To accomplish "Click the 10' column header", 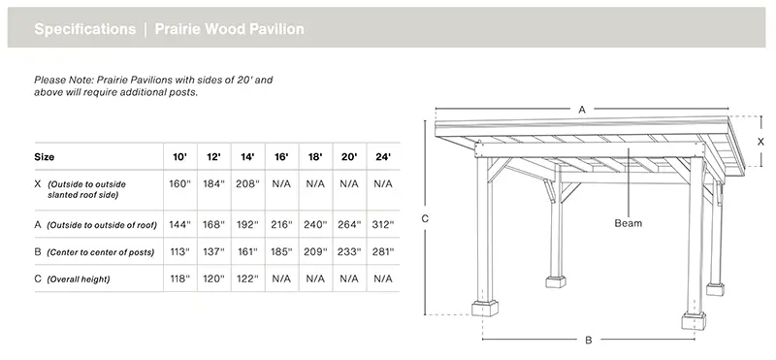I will click(180, 156).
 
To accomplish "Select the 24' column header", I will click(383, 156).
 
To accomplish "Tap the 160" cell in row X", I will click(180, 183).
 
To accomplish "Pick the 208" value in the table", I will click(247, 183).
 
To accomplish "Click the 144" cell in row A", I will click(180, 224).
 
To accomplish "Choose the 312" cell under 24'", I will click(383, 224).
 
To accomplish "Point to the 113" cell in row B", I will click(180, 251).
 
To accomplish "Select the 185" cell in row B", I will click(281, 251).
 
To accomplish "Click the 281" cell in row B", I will click(383, 251).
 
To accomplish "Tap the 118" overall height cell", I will click(180, 278).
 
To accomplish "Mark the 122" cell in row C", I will click(247, 278).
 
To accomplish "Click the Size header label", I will click(45, 156).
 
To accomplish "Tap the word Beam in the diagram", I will click(629, 222).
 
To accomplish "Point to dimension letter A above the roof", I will click(582, 110).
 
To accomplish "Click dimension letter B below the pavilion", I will click(588, 341).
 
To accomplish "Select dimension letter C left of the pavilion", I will click(425, 219).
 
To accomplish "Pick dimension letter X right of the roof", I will click(760, 141).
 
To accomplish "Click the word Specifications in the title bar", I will click(84, 29).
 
